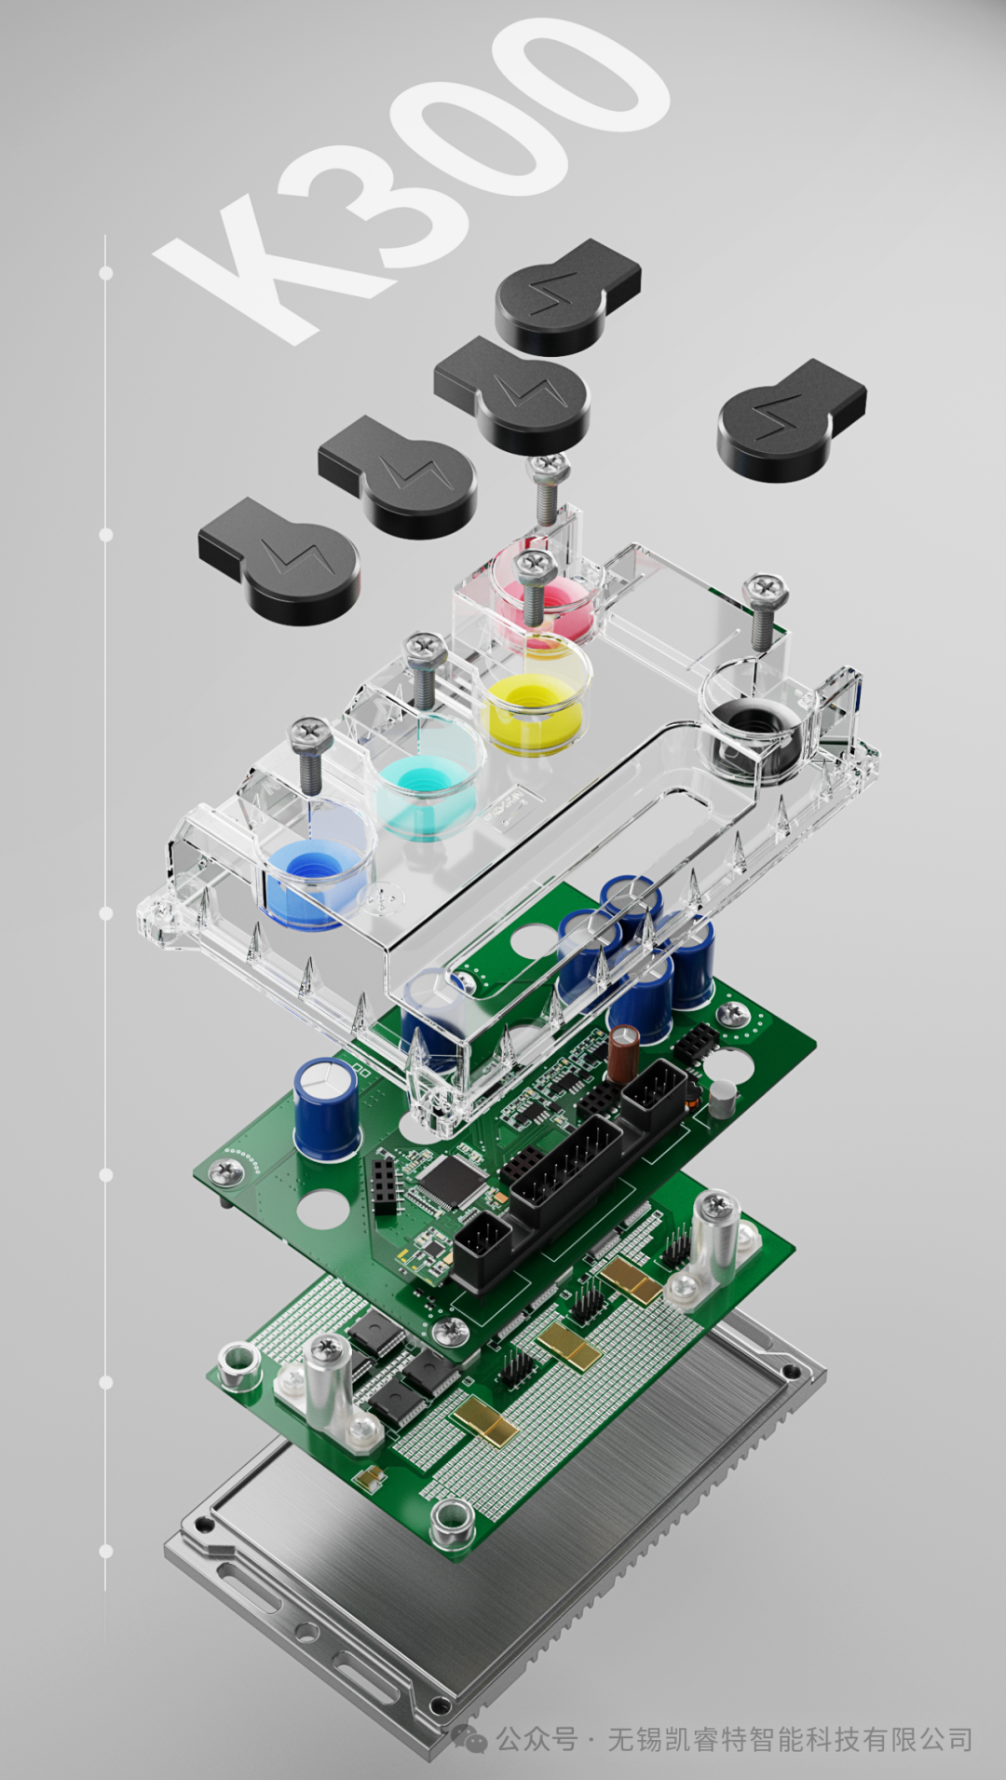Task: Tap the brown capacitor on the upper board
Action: [x=623, y=1054]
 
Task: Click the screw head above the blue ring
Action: [x=311, y=735]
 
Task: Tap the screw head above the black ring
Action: [x=765, y=589]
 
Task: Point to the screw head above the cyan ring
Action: [x=424, y=645]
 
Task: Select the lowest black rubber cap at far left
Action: [x=279, y=559]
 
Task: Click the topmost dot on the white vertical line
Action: [x=106, y=273]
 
